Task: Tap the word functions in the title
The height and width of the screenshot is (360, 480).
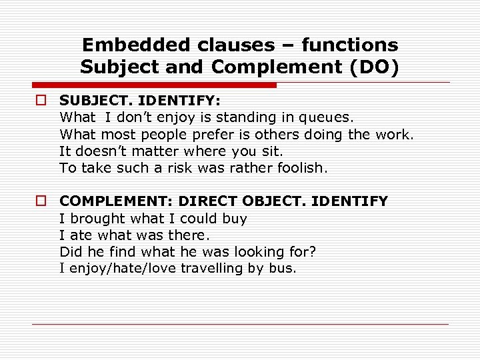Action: point(350,45)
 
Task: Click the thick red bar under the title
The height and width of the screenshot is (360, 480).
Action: point(153,85)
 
